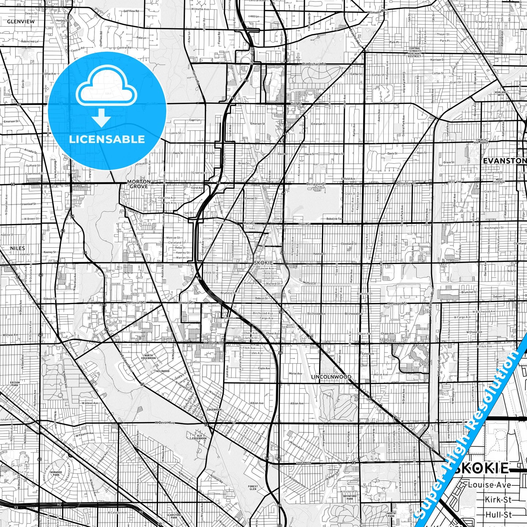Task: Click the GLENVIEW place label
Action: [21, 22]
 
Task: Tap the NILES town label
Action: [18, 248]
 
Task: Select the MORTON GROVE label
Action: [138, 184]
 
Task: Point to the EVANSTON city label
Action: [504, 161]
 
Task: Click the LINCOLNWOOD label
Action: [331, 377]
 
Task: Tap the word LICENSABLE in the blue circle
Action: [107, 139]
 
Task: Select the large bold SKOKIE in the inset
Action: [481, 468]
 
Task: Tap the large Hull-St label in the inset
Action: [499, 515]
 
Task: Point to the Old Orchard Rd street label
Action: [314, 64]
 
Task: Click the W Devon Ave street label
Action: [165, 423]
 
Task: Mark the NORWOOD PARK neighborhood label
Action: [56, 473]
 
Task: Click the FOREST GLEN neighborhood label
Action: [253, 488]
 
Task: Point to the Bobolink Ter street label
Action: [334, 219]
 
